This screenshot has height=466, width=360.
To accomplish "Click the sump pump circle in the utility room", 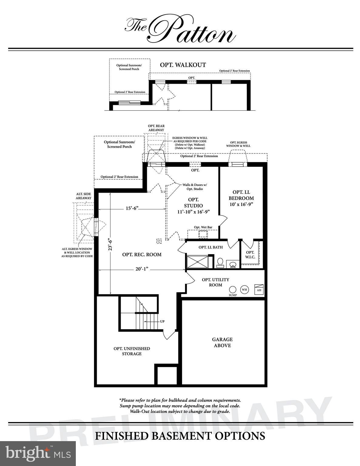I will coord(233,289).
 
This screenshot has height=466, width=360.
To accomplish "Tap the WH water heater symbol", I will coord(244,289).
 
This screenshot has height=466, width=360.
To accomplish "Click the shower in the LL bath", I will coord(197,262).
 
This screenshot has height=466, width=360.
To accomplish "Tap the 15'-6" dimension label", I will coord(132,208).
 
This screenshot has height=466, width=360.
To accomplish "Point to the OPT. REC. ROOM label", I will coord(142,255).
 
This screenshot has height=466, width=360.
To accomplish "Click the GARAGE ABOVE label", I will coord(222,342).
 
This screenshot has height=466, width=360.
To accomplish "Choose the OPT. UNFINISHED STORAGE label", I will coord(132,351).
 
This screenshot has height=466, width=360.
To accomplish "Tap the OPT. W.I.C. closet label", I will coord(250,255).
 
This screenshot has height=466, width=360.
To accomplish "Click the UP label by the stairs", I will coord(162,321).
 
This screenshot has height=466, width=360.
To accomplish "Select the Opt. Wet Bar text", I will coord(203,227).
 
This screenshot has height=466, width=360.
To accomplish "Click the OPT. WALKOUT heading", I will coord(183,65).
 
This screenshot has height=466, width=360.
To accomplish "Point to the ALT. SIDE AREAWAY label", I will coord(83,196).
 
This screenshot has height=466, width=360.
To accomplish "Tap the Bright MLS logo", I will coord(38,453).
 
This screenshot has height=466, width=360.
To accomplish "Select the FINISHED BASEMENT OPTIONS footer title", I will coord(180,436).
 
